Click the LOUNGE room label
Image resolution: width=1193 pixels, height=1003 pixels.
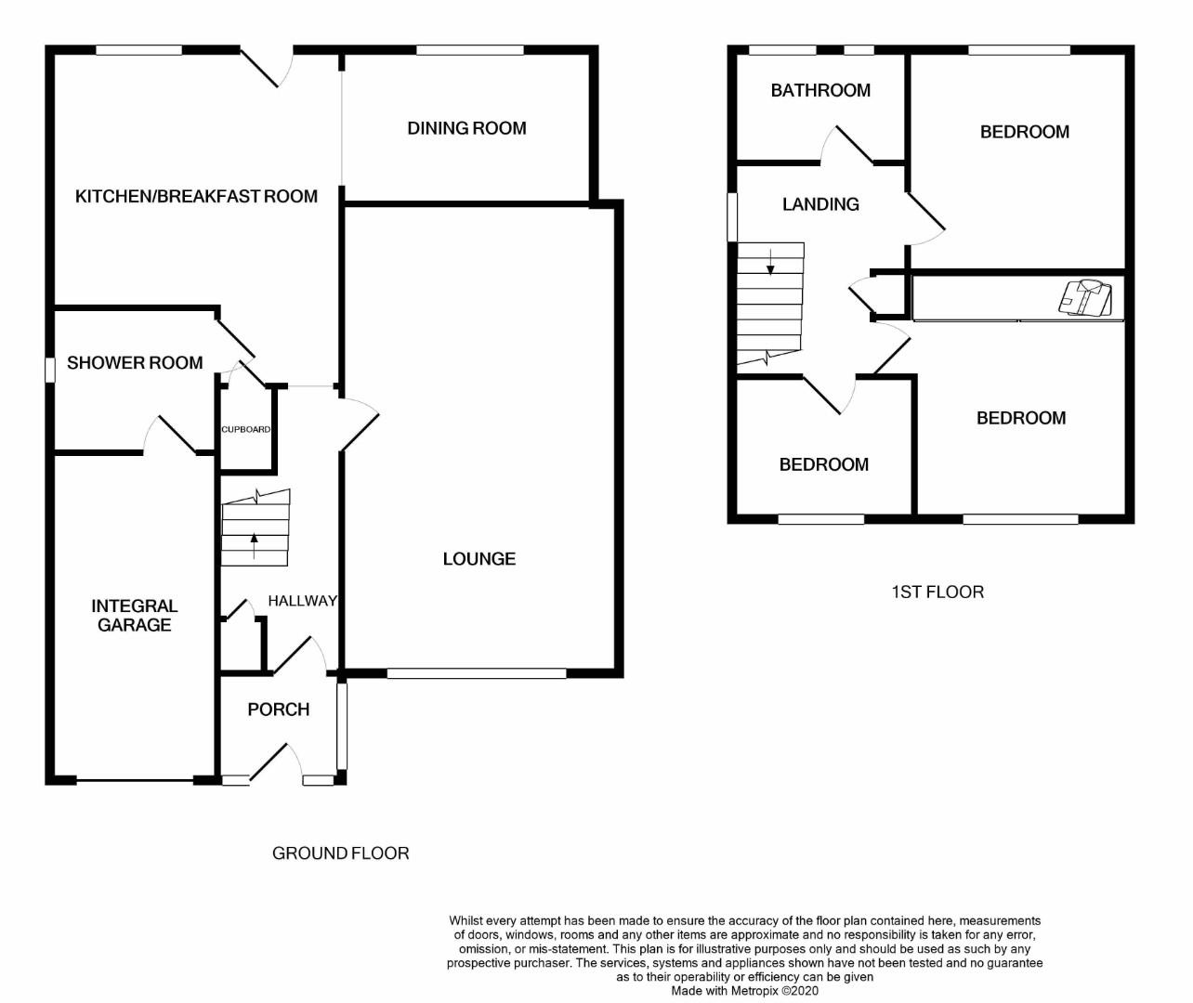click(x=479, y=558)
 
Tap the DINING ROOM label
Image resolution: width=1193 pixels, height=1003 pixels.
click(x=466, y=128)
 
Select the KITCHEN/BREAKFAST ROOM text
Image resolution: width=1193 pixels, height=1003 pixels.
click(x=196, y=196)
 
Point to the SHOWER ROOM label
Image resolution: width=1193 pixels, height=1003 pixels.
click(x=135, y=362)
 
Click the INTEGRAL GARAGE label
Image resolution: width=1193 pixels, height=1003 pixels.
click(x=135, y=615)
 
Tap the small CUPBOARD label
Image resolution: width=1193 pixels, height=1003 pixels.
click(x=246, y=429)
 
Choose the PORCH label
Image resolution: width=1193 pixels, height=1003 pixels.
click(x=278, y=710)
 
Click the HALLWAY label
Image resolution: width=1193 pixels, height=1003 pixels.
click(x=302, y=601)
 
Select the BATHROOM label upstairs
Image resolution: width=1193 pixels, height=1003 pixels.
click(x=820, y=90)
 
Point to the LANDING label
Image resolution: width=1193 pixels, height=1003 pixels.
click(x=820, y=204)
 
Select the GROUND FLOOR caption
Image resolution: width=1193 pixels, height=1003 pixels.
click(x=340, y=853)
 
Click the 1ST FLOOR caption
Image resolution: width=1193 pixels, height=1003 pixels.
click(x=937, y=592)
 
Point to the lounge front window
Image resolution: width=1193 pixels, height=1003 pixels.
click(x=476, y=673)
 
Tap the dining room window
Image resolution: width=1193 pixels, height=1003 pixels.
click(x=469, y=50)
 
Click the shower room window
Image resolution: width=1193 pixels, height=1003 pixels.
click(x=49, y=370)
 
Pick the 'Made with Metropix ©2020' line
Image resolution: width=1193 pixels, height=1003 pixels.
click(x=745, y=991)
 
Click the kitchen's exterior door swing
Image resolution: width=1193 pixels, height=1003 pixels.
click(x=269, y=67)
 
